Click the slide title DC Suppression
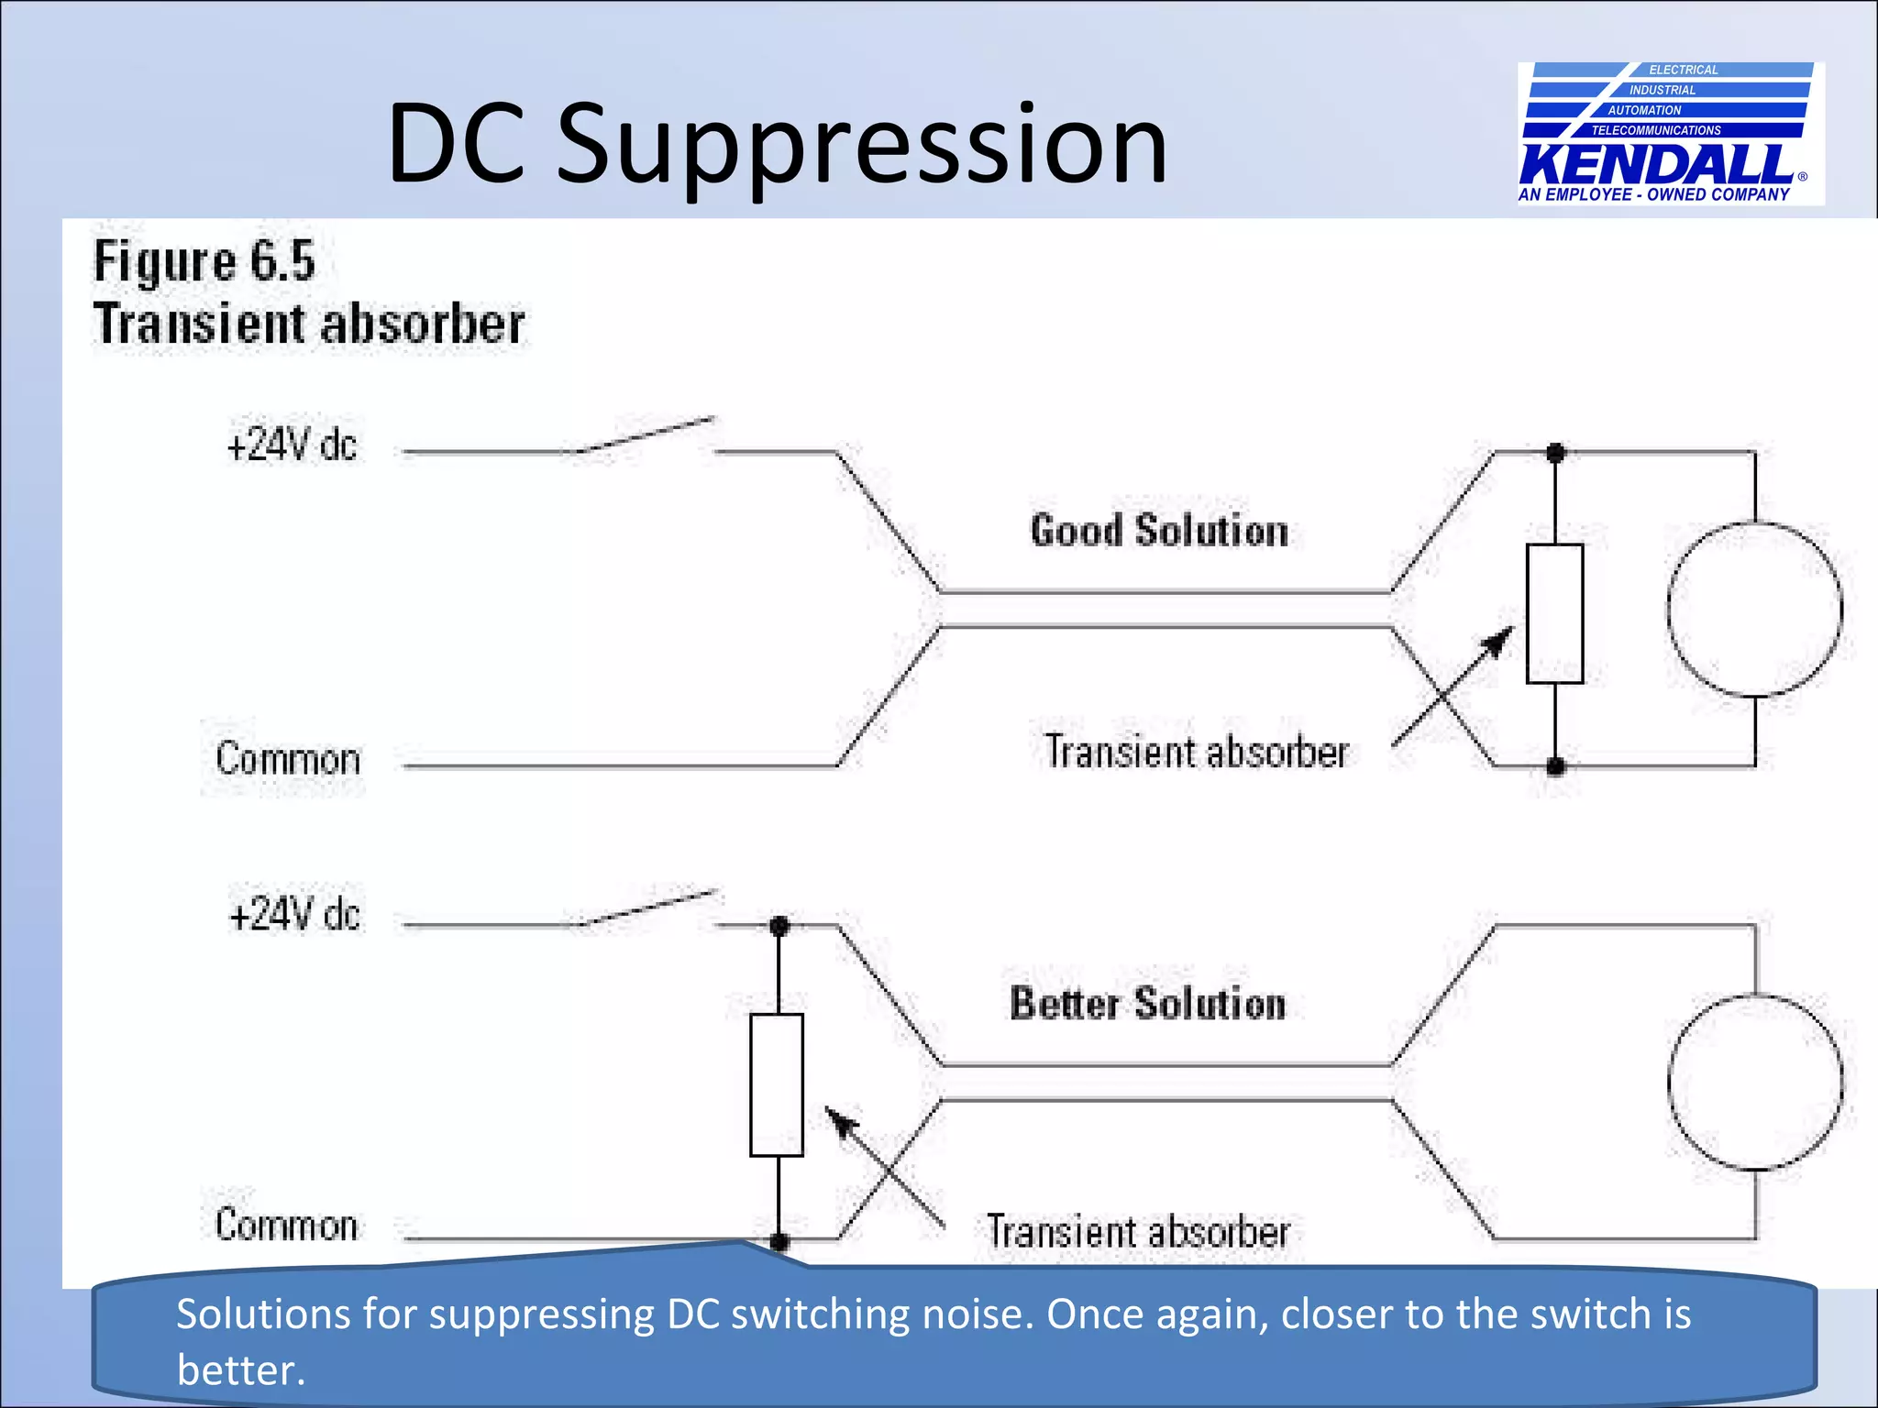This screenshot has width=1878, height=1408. (778, 145)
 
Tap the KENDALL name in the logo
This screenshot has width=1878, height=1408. (1656, 165)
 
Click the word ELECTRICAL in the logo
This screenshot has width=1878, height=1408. (1684, 70)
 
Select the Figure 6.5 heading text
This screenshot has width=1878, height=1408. (204, 261)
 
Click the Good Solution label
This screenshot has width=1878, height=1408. (1159, 531)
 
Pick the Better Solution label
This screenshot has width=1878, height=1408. (1147, 1003)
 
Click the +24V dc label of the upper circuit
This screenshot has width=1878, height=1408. (292, 445)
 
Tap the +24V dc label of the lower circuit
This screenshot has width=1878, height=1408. (294, 915)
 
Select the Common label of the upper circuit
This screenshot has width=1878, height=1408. (288, 759)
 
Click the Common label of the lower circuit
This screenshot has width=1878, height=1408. (286, 1226)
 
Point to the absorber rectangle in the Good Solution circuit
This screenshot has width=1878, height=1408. (1554, 613)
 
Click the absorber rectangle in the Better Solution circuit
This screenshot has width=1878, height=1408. (777, 1084)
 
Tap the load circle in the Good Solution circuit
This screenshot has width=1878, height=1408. (1754, 609)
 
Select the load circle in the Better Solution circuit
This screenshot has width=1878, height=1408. (1755, 1083)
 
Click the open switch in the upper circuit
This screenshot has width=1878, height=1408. (647, 435)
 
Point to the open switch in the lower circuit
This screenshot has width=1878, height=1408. (649, 907)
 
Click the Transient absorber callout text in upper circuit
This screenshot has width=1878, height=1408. (1197, 752)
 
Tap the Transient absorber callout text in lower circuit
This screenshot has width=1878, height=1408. (1138, 1231)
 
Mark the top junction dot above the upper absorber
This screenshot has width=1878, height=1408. (1555, 452)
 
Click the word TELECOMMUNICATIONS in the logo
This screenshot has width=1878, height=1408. (1656, 130)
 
